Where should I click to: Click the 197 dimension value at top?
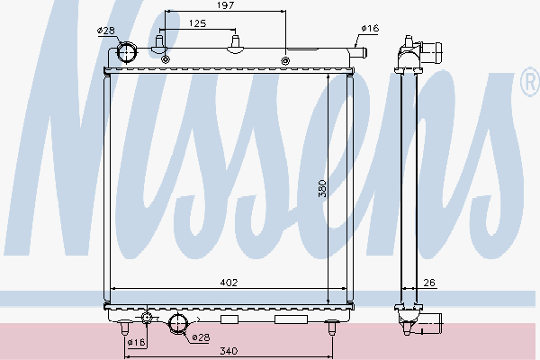point(226,5)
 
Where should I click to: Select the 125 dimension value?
point(198,23)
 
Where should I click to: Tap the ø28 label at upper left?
point(105,31)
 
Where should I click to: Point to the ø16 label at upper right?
point(370,28)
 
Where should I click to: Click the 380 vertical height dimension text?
point(322,188)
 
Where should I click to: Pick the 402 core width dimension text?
point(229,283)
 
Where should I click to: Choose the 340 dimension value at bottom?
point(229,351)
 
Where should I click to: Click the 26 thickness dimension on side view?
point(429,283)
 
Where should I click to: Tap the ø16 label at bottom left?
point(136,342)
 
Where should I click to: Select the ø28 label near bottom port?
point(201,337)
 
